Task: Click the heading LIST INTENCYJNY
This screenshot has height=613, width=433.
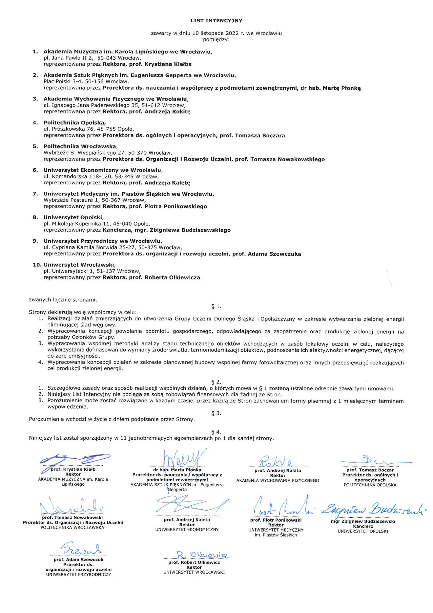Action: (x=216, y=21)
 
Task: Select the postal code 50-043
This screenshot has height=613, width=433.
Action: (x=107, y=58)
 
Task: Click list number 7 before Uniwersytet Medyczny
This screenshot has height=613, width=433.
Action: (x=35, y=194)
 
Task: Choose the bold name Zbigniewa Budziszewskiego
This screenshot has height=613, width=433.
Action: (x=190, y=230)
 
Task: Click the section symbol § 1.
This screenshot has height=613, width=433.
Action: (x=216, y=306)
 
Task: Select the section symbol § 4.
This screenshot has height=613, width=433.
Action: (x=216, y=432)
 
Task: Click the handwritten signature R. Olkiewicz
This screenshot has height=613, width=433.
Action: (x=202, y=555)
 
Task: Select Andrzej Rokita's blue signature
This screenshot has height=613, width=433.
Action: (x=276, y=461)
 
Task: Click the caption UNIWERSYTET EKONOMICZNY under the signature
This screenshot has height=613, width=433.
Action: (x=187, y=530)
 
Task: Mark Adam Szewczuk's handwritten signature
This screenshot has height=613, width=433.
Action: (x=81, y=549)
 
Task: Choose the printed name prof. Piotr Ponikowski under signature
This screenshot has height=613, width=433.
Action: (x=276, y=520)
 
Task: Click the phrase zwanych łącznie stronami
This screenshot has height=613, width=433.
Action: (x=63, y=300)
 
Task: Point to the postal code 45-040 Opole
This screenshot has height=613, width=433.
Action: (x=132, y=224)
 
